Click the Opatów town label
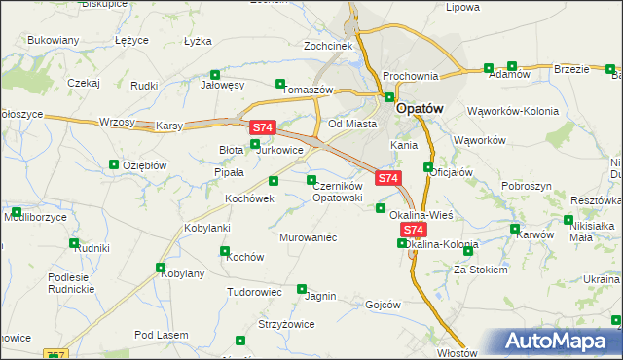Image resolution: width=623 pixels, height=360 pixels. coord(421,110)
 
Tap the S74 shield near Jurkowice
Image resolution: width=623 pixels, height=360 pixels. coord(263,127)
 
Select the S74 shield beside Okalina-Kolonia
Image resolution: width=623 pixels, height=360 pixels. coord(414,230)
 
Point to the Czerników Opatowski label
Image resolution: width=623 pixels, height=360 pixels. coord(338,191)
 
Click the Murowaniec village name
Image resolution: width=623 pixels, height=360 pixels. coord(308,237)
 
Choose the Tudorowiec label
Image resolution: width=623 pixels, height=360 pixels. coord(254,292)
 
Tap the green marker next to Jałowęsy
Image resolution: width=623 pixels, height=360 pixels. coord(215,74)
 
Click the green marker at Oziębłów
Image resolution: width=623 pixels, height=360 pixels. coord(114,164)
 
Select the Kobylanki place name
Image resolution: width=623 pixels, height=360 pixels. coord(206,228)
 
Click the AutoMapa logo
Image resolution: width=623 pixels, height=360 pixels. coord(563,342)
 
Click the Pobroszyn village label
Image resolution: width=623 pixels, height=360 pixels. coord(527,185)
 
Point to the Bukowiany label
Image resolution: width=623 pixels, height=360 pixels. coord(54,41)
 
